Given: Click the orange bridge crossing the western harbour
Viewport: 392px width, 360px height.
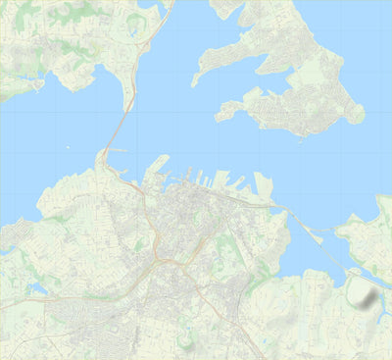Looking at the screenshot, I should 117,133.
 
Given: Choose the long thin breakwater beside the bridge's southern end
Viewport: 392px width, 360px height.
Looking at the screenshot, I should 113,151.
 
